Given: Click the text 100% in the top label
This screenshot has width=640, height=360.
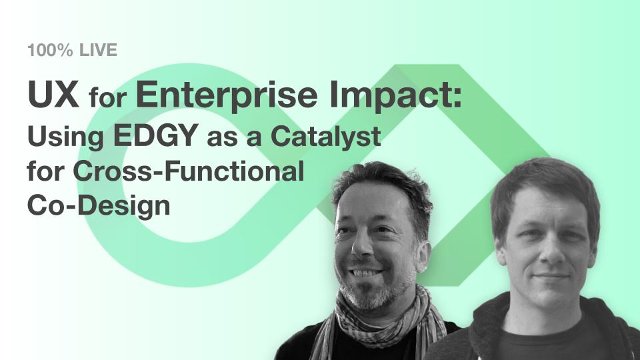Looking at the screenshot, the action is pos(50,50).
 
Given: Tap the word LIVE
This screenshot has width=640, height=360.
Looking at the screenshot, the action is pos(98,50).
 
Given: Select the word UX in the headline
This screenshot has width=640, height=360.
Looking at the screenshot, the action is pos(53,94).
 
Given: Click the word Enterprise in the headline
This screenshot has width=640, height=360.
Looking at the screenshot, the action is pos(227,96).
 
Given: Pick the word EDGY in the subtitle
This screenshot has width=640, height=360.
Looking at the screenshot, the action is pos(155,135).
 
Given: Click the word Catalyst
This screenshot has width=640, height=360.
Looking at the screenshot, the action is pos(326,137).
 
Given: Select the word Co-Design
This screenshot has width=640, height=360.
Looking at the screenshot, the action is pos(99,206).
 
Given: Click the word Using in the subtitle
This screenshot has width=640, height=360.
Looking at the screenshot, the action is pos(65,137).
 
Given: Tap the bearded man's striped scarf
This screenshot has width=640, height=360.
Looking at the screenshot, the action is pos(379,323).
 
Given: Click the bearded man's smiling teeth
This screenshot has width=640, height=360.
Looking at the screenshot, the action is pos(366,272).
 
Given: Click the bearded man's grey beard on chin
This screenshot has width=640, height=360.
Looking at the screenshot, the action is pos(367,295).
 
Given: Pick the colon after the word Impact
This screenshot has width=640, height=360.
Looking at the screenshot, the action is pos(457,98).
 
